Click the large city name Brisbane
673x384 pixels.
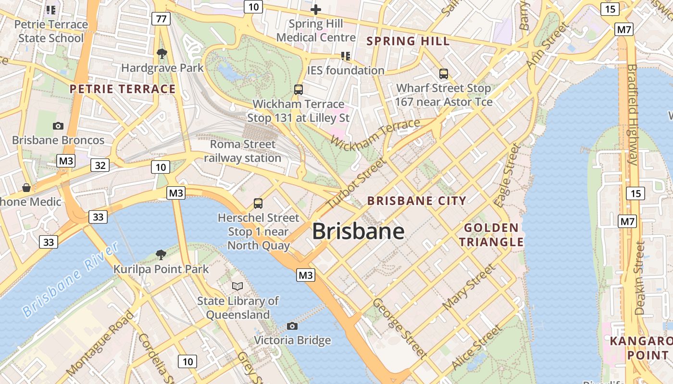(x=358, y=231)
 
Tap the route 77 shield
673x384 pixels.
(x=161, y=19)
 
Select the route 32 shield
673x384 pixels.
(x=100, y=166)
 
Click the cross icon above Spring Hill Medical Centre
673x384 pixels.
(x=316, y=9)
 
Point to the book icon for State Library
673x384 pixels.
(x=237, y=286)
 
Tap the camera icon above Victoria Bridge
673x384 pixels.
(x=292, y=326)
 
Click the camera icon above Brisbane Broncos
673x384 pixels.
(x=58, y=126)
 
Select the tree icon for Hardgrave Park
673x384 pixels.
(x=162, y=53)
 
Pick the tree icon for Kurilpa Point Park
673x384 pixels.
(x=161, y=254)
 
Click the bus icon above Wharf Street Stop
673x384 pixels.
(x=444, y=74)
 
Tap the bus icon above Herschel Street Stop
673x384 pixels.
(x=258, y=203)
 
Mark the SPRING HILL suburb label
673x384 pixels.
(x=408, y=41)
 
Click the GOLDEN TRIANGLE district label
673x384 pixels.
(x=491, y=235)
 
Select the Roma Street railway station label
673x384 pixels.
(x=243, y=151)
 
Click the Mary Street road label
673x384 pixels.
(x=468, y=287)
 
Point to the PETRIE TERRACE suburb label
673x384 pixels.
(x=123, y=89)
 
